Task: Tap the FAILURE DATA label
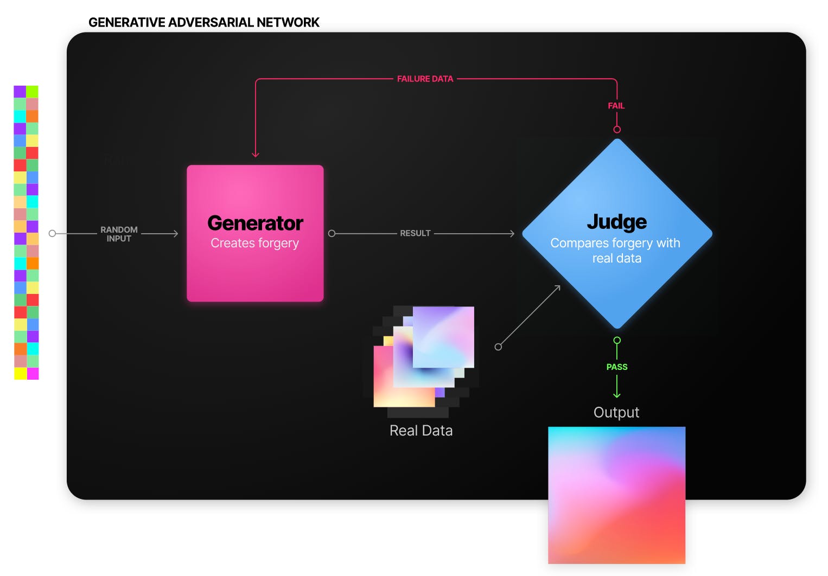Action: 425,79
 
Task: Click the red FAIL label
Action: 616,106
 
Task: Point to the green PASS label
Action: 617,367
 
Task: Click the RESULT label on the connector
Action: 415,233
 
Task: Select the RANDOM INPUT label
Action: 119,234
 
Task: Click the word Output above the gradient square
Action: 616,413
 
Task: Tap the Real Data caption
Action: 421,431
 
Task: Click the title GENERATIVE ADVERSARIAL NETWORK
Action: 204,23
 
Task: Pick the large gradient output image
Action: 617,495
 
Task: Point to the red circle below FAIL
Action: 617,130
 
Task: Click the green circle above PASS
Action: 617,341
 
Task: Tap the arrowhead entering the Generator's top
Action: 256,155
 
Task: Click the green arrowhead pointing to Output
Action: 617,395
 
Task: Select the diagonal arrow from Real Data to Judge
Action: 529,316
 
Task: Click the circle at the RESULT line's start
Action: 332,234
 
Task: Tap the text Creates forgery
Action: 255,244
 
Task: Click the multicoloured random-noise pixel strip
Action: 26,232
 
